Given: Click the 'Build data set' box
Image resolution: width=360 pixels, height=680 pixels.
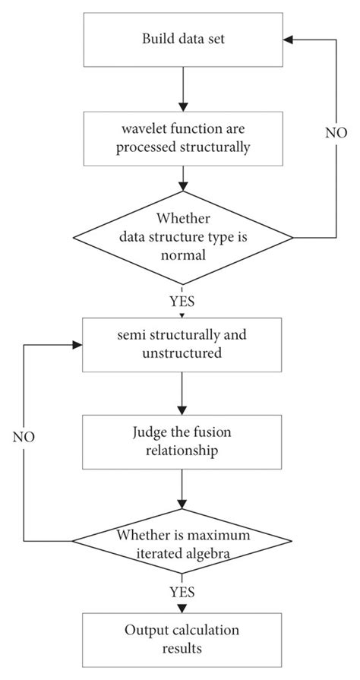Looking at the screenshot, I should [x=182, y=39].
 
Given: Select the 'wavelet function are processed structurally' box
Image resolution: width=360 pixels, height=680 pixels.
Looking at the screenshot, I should [x=182, y=138].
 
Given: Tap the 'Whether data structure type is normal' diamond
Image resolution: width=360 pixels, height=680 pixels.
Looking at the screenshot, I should [x=182, y=237].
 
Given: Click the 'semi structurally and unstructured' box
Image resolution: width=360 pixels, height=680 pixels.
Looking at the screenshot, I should [x=182, y=343].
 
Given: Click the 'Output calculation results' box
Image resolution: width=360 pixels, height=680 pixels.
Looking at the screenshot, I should [x=182, y=640].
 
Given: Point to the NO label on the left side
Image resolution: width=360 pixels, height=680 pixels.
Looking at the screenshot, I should [x=24, y=438].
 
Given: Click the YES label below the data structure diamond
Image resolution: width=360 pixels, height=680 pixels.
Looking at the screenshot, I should [x=182, y=302].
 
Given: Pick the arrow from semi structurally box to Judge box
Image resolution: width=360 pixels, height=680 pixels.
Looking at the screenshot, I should [x=182, y=394].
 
